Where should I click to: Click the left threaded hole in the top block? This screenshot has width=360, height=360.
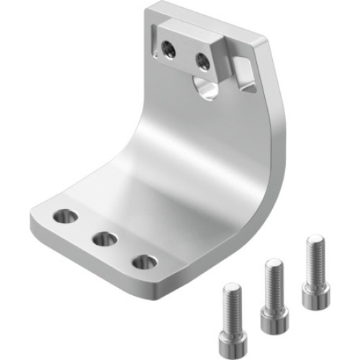168,49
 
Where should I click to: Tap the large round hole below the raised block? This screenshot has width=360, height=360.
207,89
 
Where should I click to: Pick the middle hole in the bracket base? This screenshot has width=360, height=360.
105,238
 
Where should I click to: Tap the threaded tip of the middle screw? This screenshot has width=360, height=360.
272,264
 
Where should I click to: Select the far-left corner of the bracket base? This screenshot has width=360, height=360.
32,216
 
